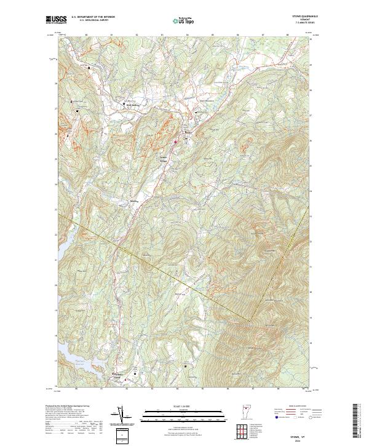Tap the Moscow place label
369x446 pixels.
click(135, 201)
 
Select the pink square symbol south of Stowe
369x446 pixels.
click(175, 142)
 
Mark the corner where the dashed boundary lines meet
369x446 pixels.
click(249, 320)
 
